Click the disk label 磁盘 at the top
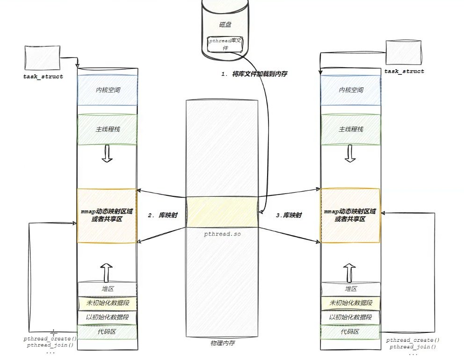(225, 24)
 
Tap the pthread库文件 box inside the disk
(225, 44)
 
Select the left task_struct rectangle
(42, 58)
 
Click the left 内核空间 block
(108, 90)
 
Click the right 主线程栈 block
(351, 129)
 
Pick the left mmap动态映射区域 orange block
(107, 215)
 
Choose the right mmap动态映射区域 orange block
(350, 215)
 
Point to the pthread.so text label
(222, 233)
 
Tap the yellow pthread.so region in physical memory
(222, 211)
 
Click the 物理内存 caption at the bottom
(222, 344)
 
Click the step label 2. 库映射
(162, 216)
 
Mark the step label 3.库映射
(289, 216)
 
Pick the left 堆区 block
(108, 289)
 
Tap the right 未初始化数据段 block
(351, 303)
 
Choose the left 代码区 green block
(108, 331)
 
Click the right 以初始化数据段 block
(351, 317)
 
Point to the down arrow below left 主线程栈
(107, 153)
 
